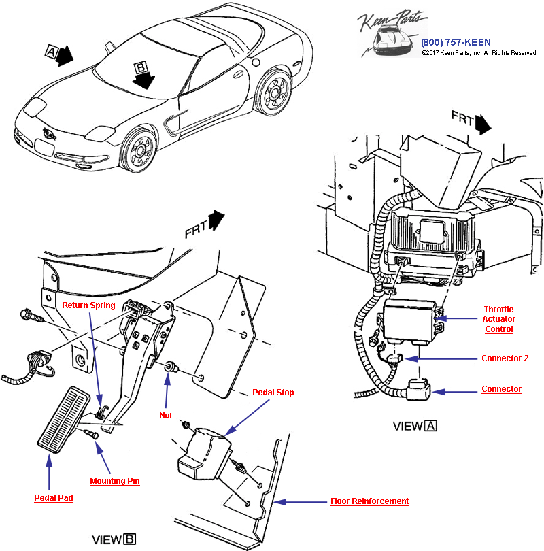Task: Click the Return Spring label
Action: coord(88,305)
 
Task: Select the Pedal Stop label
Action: coord(273,393)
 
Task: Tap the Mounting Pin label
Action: coord(115,481)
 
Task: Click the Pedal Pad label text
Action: coord(54,497)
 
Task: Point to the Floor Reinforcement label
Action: coord(369,501)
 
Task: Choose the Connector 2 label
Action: coord(505,358)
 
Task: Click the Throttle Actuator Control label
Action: coord(499,319)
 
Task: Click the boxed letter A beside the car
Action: coord(51,51)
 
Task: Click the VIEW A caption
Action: coord(415,427)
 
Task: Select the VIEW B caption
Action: coord(114,539)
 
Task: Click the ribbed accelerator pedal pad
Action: coord(63,422)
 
